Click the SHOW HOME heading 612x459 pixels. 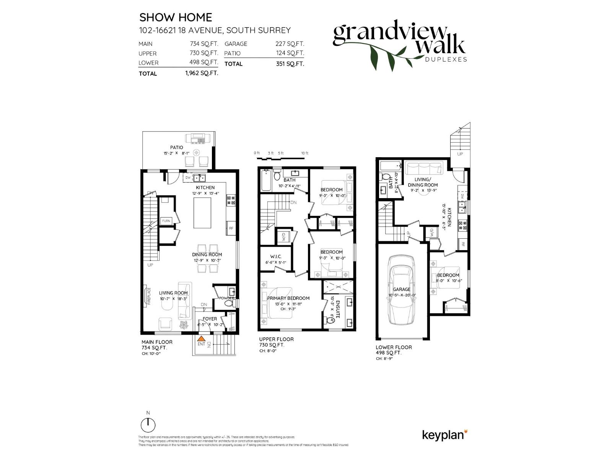[176, 17]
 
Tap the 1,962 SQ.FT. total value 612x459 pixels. [202, 73]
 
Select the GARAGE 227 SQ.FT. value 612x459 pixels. [290, 44]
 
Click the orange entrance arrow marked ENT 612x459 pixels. [201, 339]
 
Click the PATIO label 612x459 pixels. [177, 147]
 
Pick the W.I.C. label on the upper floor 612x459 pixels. [275, 257]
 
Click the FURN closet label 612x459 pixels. [166, 221]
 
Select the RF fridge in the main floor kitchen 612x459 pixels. [231, 228]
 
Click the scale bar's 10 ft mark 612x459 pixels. [304, 153]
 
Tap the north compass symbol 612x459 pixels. [148, 425]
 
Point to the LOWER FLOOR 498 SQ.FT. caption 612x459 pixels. [394, 350]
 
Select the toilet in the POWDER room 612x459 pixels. [229, 304]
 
